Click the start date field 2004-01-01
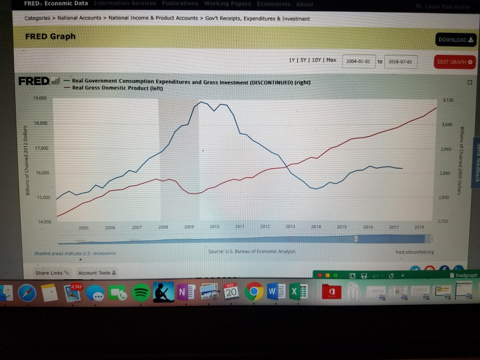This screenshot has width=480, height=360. point(359,62)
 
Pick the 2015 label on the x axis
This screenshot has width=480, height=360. point(342,228)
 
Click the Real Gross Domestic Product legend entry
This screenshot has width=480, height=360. point(117,88)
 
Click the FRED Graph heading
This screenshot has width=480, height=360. point(50,37)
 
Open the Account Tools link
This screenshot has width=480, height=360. point(94,273)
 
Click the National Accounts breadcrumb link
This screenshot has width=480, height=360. point(80,18)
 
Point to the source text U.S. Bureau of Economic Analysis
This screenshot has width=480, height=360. point(252,251)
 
